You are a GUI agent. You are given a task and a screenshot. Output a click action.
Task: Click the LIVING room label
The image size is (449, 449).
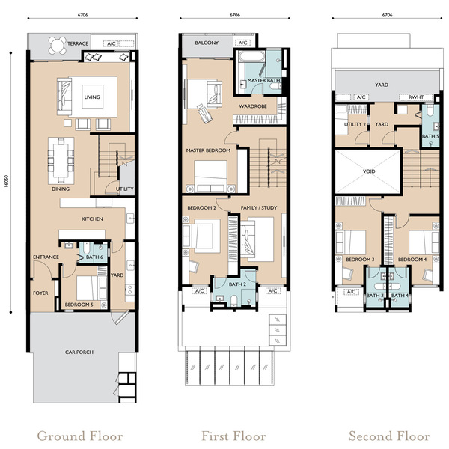[92, 97]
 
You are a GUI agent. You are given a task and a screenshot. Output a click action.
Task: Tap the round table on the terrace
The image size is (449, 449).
[58, 45]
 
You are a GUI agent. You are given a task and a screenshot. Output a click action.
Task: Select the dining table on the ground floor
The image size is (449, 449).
[61, 161]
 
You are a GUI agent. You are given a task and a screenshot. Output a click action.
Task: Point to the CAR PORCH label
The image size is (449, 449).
[79, 352]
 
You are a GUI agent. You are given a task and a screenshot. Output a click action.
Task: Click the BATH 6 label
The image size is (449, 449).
[94, 257]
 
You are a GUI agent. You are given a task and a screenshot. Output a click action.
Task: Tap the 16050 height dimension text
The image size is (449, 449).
[7, 181]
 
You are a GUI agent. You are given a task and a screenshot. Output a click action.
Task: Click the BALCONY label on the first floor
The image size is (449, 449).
[207, 43]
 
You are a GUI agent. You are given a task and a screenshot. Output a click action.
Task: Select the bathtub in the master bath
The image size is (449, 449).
[252, 56]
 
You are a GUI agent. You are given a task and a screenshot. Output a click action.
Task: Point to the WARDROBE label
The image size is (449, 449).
[253, 106]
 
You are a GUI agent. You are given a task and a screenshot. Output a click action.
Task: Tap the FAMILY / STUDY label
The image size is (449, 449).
[259, 207]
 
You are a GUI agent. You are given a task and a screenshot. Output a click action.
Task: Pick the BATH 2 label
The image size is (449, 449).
[237, 284]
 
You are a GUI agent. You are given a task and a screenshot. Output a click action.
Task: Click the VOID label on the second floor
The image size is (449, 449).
[369, 171]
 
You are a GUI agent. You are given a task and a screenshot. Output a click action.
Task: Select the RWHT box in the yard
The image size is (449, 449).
[416, 97]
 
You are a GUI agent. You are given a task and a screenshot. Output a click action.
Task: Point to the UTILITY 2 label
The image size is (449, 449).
[355, 124]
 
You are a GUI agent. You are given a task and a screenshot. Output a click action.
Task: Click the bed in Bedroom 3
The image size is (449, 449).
[351, 242]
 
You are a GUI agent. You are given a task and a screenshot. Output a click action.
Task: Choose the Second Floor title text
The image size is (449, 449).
[389, 436]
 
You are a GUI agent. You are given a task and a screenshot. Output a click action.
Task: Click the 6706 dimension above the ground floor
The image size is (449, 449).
[83, 15]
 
